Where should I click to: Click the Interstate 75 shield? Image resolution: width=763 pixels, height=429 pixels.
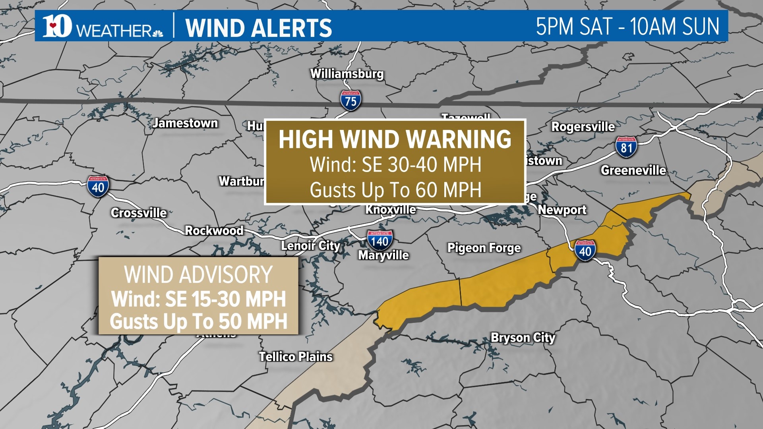coord(351,100)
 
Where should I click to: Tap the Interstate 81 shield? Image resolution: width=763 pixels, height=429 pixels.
coord(626,147)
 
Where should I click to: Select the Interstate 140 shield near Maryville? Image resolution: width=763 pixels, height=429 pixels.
coord(380,240)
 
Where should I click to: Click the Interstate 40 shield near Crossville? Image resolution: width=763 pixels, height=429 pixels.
coord(98,186)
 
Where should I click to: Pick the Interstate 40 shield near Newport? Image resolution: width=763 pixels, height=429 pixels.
coord(585,250)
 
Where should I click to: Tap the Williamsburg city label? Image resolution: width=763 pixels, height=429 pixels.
coord(347,74)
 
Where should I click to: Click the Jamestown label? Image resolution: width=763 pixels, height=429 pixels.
coord(185,123)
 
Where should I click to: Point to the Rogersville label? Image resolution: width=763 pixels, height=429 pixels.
coord(583,127)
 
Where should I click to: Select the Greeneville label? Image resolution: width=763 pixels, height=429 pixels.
coord(633,170)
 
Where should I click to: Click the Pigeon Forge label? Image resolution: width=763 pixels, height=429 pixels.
coord(484,248)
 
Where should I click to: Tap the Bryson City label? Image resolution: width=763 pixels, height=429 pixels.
coord(523,338)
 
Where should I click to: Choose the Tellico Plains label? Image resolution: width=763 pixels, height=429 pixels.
coord(296,357)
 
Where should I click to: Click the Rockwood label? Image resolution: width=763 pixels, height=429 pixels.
coord(214,230)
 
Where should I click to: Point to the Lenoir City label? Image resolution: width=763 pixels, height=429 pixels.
coord(310,246)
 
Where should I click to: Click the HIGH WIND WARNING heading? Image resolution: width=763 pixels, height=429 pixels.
coord(395,139)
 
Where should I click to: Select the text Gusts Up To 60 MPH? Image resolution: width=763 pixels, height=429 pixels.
coord(395,190)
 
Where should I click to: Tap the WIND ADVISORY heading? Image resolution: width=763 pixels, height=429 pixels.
coord(198,274)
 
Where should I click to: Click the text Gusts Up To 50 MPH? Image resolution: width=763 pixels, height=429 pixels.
coord(198,321)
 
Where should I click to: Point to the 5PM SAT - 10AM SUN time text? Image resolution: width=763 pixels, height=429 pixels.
coord(627,27)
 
